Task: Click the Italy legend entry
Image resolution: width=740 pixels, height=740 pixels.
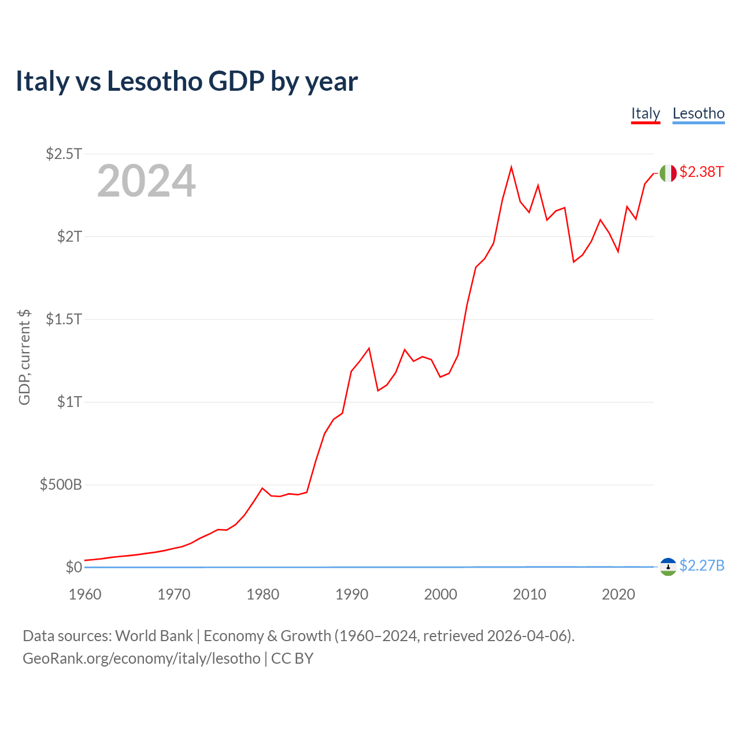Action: tap(645, 113)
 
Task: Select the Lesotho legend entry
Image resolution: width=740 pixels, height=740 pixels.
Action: tap(698, 113)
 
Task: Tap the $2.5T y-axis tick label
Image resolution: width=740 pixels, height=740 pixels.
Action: tap(64, 154)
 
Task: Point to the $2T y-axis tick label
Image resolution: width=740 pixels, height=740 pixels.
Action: tap(69, 236)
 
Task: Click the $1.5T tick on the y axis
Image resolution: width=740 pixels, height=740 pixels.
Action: tap(64, 319)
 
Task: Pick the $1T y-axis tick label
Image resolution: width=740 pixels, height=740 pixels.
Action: tap(69, 402)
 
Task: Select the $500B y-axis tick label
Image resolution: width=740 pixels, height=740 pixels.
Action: tap(61, 484)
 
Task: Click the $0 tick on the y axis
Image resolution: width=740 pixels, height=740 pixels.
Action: tap(73, 567)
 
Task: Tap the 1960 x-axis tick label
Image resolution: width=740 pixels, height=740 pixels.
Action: tap(85, 594)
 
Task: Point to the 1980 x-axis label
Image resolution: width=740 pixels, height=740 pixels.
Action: tap(263, 594)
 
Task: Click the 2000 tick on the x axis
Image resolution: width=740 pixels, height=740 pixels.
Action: tap(441, 594)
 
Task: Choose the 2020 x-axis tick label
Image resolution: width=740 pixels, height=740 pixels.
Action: tap(619, 594)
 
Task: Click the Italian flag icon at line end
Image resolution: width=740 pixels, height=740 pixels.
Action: tap(668, 173)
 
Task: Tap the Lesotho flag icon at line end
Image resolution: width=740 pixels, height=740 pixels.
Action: tap(668, 567)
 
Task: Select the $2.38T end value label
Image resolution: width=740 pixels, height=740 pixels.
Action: tap(701, 172)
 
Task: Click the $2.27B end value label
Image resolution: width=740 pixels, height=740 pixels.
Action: tap(702, 565)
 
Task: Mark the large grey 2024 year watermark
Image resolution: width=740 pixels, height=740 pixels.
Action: tap(146, 182)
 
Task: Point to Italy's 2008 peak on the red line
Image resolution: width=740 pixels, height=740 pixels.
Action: tap(511, 168)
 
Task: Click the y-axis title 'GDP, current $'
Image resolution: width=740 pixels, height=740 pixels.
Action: tap(24, 357)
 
